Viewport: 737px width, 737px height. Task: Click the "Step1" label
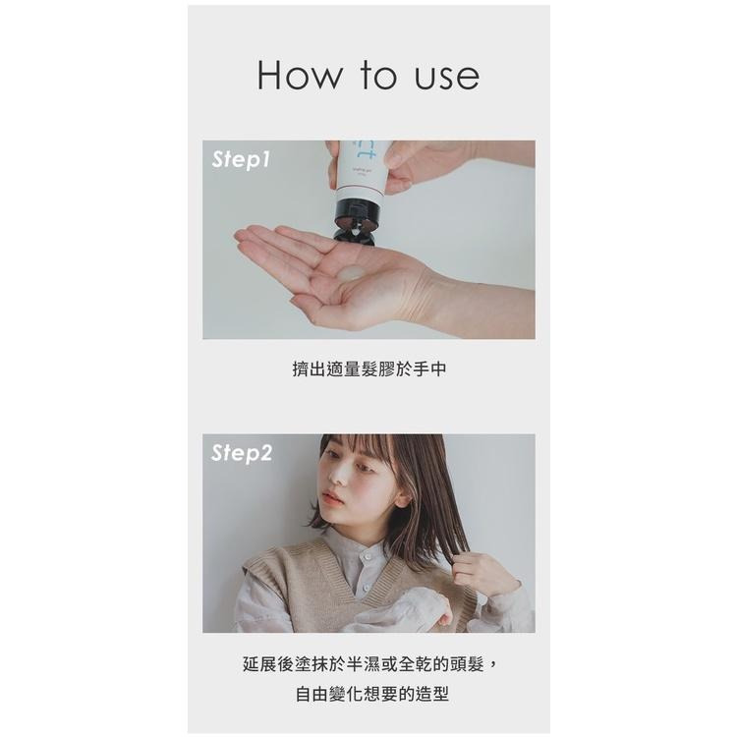[240, 160]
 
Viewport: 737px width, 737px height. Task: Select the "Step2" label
[242, 453]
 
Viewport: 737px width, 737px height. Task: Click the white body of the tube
[363, 177]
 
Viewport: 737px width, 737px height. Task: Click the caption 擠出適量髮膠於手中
[368, 369]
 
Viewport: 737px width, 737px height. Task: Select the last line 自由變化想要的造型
[368, 694]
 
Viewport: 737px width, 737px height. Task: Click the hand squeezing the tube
[413, 162]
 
